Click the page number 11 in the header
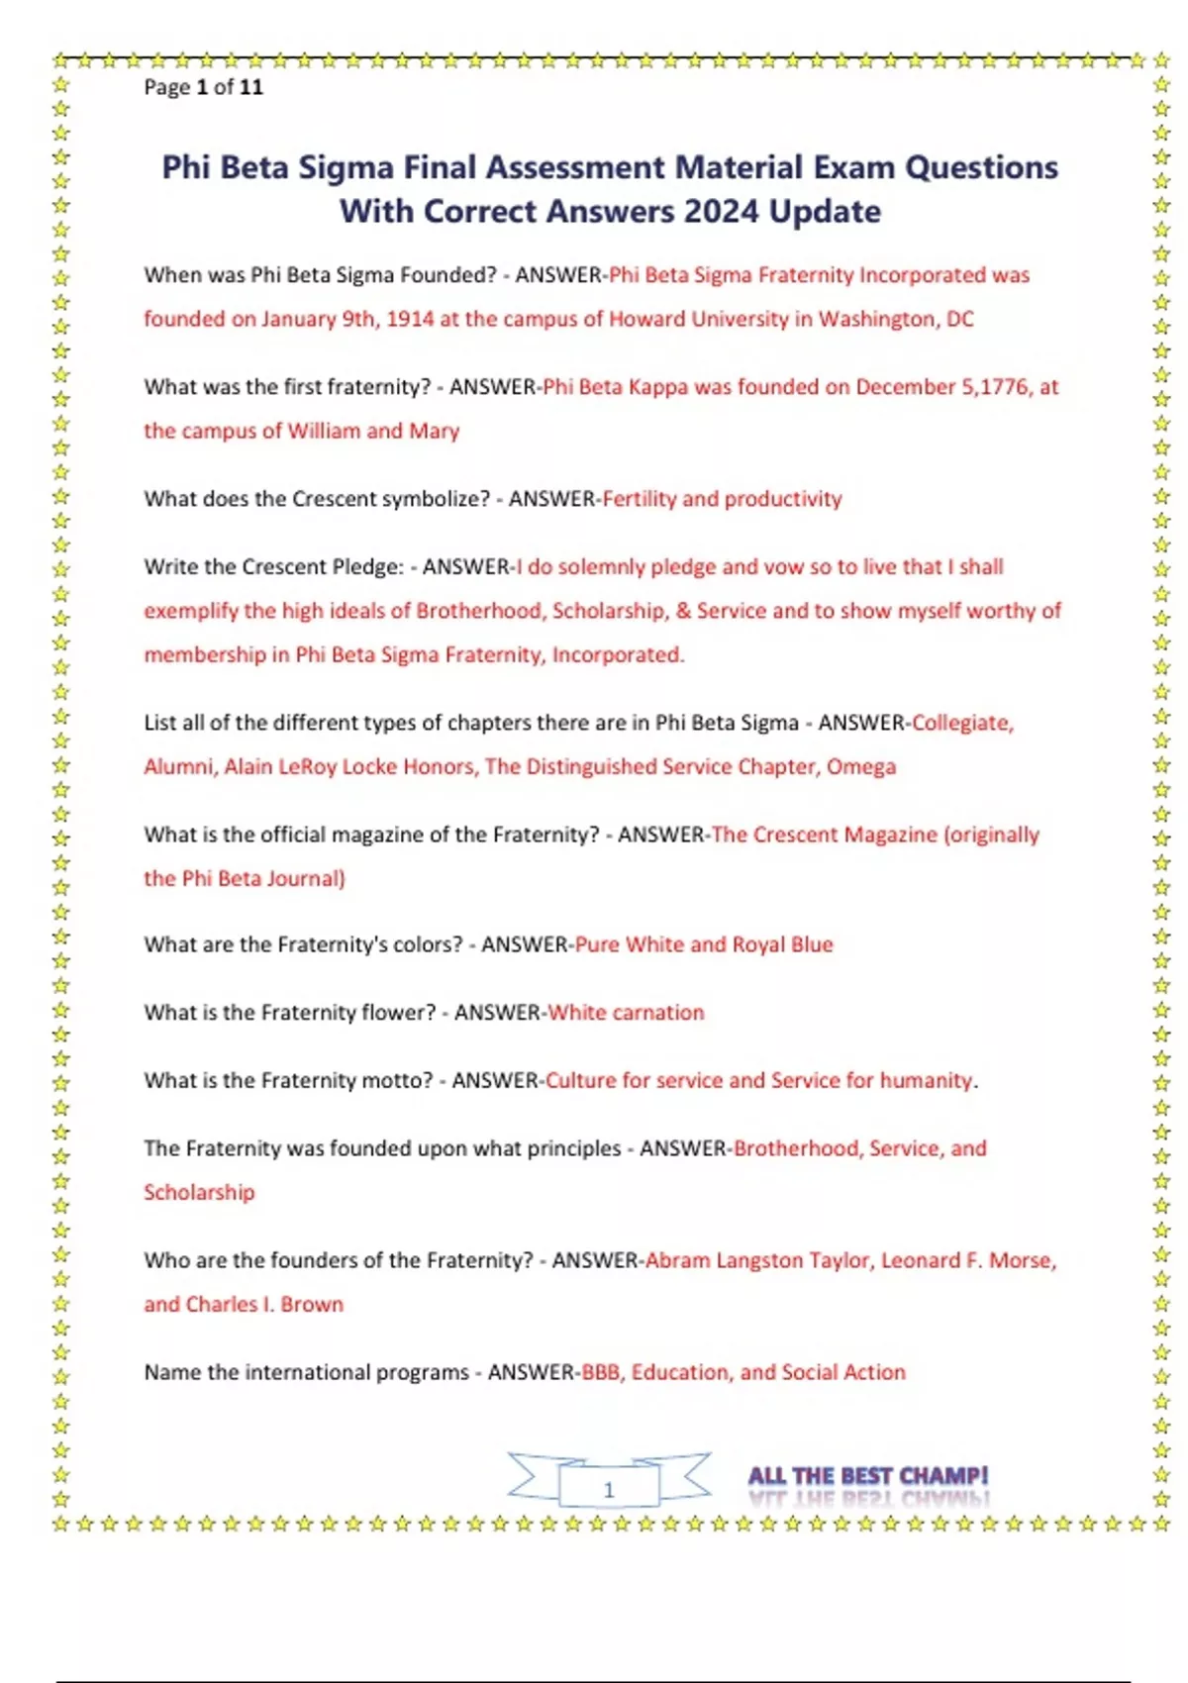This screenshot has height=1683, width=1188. [x=251, y=87]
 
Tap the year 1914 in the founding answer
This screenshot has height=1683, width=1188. [x=410, y=319]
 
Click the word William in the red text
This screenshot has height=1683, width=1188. [x=325, y=431]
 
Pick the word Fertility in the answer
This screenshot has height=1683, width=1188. [x=640, y=499]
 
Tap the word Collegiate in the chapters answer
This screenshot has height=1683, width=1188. [x=962, y=723]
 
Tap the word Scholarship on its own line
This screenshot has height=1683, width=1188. [x=199, y=1192]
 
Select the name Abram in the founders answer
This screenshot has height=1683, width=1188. [x=677, y=1260]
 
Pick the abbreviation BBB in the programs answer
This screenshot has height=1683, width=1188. [x=600, y=1372]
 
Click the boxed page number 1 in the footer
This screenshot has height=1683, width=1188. [x=609, y=1489]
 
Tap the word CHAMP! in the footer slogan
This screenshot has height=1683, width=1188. [x=944, y=1475]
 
